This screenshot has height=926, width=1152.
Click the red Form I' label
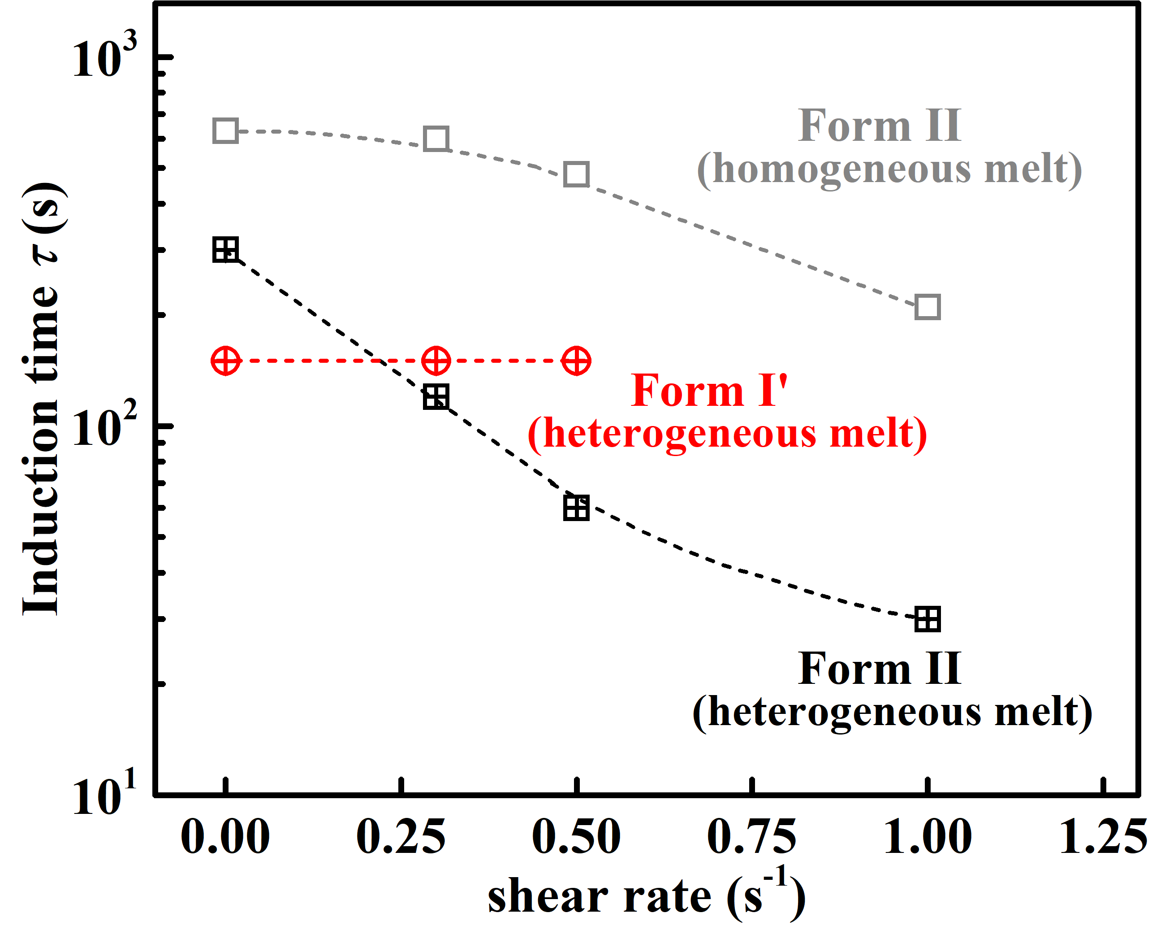tap(710, 391)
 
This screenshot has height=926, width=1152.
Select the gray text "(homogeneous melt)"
tap(889, 170)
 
